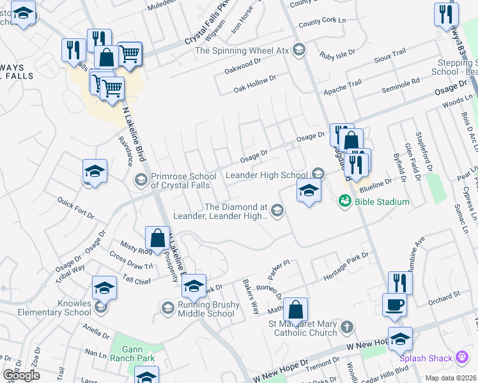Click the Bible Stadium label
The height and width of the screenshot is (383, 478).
[x=382, y=202]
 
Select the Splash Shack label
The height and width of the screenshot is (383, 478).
[x=428, y=359]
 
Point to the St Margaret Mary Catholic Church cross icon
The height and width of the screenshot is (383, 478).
[x=347, y=327]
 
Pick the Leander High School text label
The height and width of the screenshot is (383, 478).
[x=266, y=175]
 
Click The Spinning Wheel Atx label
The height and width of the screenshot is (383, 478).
[x=242, y=50]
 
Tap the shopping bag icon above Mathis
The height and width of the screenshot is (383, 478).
[x=295, y=310]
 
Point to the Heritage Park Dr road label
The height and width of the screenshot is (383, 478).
[x=346, y=263]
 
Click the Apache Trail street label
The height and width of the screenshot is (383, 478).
[x=343, y=84]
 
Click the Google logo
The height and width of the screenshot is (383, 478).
[x=21, y=375]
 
